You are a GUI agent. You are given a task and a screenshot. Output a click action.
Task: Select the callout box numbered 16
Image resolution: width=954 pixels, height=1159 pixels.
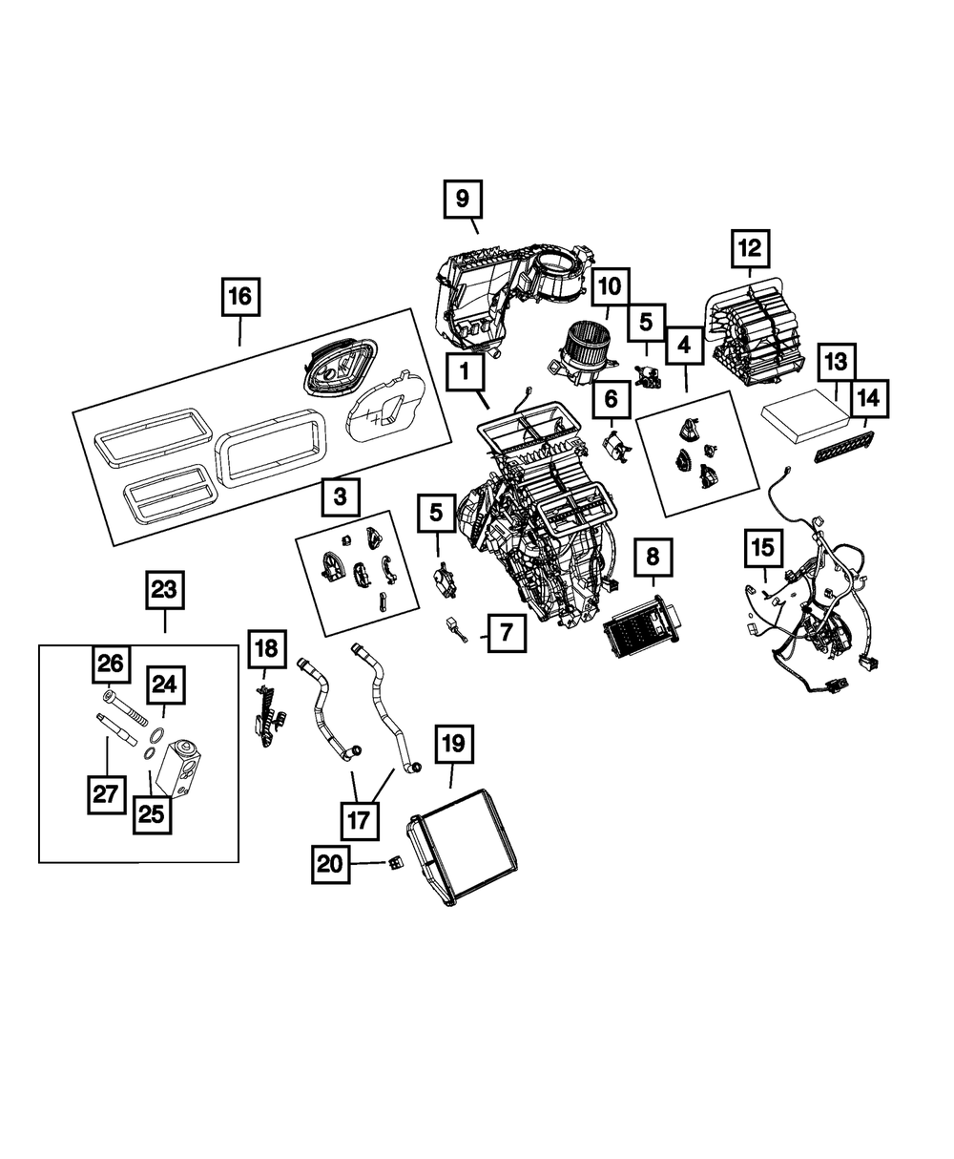pyautogui.click(x=239, y=297)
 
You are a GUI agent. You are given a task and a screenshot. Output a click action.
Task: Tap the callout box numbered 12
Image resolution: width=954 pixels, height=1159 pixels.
pyautogui.click(x=750, y=249)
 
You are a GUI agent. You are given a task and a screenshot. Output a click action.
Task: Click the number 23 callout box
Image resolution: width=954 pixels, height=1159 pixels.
pyautogui.click(x=164, y=590)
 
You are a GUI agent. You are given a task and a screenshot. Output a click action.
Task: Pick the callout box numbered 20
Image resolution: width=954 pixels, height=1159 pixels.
pyautogui.click(x=329, y=864)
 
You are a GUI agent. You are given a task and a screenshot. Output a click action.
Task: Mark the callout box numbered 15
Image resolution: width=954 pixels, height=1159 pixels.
pyautogui.click(x=764, y=549)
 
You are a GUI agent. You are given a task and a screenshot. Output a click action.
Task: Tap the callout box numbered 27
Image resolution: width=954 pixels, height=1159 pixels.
pyautogui.click(x=106, y=792)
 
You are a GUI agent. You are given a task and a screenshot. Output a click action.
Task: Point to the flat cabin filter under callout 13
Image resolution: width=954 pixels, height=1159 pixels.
pyautogui.click(x=807, y=417)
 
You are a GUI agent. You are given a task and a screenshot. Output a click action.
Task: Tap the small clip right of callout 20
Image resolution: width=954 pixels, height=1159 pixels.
pyautogui.click(x=393, y=864)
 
